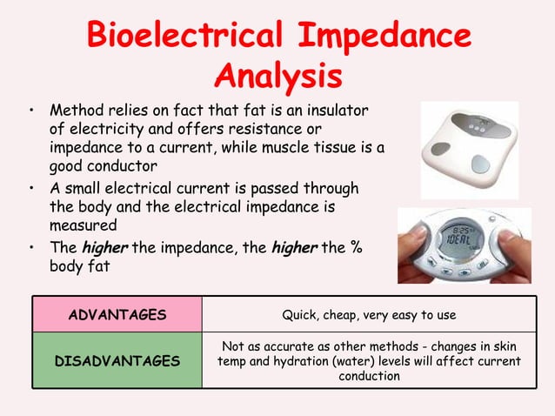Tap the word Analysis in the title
point(277,76)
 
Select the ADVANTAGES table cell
point(117,315)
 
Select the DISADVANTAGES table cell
point(117,360)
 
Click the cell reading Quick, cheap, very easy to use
point(369,315)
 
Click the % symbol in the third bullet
point(356,249)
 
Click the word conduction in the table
point(369,377)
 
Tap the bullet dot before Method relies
point(31,112)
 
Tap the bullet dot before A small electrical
point(31,188)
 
